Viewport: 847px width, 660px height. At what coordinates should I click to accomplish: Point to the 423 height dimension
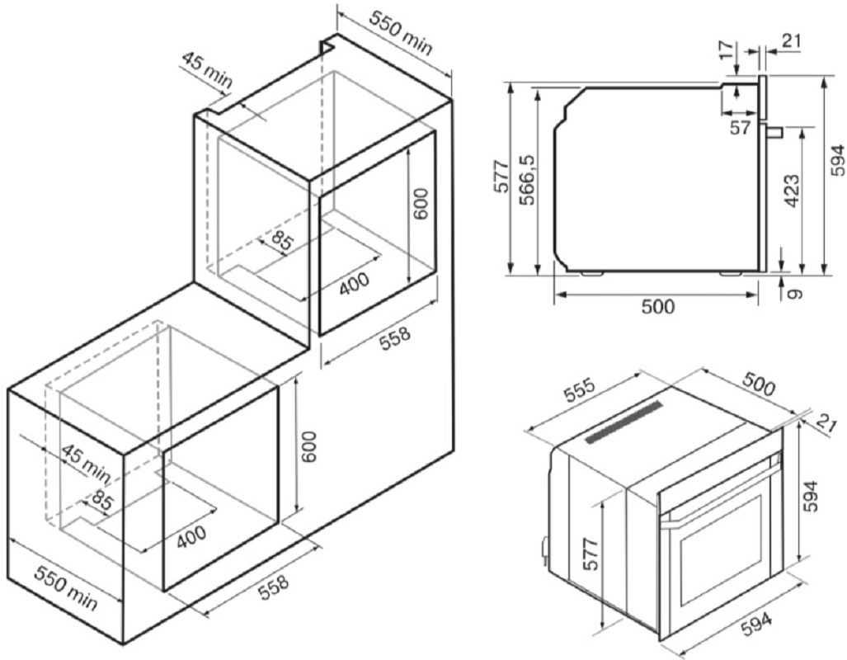pos(792,191)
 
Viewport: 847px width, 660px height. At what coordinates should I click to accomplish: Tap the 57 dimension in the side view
pos(740,128)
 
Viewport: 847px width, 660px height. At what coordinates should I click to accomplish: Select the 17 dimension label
pos(729,49)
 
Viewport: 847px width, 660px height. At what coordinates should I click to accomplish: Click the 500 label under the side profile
pos(658,306)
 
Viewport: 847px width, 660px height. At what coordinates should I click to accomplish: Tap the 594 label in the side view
pos(837,160)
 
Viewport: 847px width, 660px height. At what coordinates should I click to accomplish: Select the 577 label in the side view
pos(501,177)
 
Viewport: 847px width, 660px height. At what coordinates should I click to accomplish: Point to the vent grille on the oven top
pos(623,422)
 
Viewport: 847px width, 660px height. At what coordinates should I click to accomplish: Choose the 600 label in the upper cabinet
pos(421,204)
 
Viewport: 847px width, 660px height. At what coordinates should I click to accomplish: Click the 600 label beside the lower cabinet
pos(308,446)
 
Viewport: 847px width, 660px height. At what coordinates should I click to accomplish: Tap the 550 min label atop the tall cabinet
pos(401,32)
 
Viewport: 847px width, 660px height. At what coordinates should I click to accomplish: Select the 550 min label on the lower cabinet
pos(66,587)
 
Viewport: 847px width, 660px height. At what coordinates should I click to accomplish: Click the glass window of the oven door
pos(721,546)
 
